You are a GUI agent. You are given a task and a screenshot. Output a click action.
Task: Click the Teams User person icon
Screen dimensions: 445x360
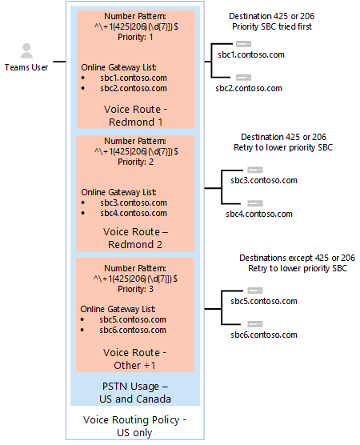coord(26,51)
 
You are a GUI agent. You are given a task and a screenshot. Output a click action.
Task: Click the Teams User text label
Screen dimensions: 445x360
coord(26,68)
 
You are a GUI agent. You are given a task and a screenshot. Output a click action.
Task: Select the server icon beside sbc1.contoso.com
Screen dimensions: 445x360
coord(244,43)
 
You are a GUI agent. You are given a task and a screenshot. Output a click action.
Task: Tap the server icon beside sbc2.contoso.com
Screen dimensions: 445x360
coord(244,77)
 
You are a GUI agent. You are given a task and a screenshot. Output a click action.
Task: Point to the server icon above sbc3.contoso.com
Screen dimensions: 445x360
coord(255,169)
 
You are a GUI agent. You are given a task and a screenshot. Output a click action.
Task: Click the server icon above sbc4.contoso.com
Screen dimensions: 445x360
coord(255,202)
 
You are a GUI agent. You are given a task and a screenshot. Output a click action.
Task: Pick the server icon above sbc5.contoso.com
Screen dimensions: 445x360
coord(255,290)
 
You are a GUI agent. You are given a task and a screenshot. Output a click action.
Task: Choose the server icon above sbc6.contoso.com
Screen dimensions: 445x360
coord(255,323)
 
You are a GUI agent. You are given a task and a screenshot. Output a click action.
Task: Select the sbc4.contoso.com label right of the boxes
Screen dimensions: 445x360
coord(258,214)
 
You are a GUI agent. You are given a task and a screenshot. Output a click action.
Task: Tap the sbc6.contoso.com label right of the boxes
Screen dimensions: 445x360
coord(258,335)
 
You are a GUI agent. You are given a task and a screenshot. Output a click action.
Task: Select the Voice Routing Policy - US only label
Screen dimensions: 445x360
coord(134,424)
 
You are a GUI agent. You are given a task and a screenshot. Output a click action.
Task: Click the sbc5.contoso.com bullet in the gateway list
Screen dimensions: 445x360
coord(133,319)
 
